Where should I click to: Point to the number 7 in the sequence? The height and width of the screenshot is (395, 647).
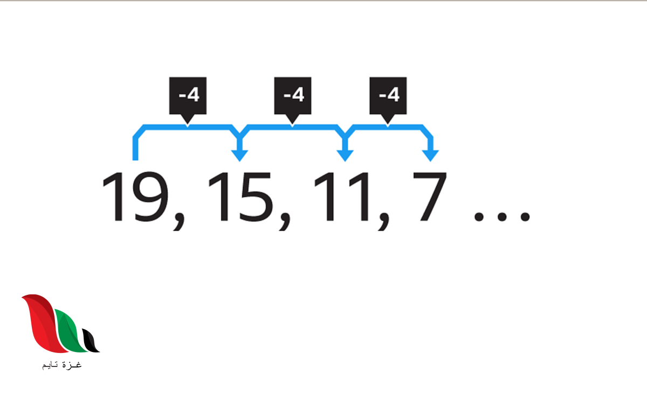[429, 197]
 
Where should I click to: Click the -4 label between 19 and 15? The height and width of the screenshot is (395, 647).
[188, 96]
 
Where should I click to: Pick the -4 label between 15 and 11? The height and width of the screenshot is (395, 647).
[293, 96]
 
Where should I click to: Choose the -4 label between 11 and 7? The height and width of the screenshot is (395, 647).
[388, 96]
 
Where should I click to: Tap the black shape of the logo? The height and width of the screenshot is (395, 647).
[92, 342]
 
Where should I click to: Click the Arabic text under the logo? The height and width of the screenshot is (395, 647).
[61, 365]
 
